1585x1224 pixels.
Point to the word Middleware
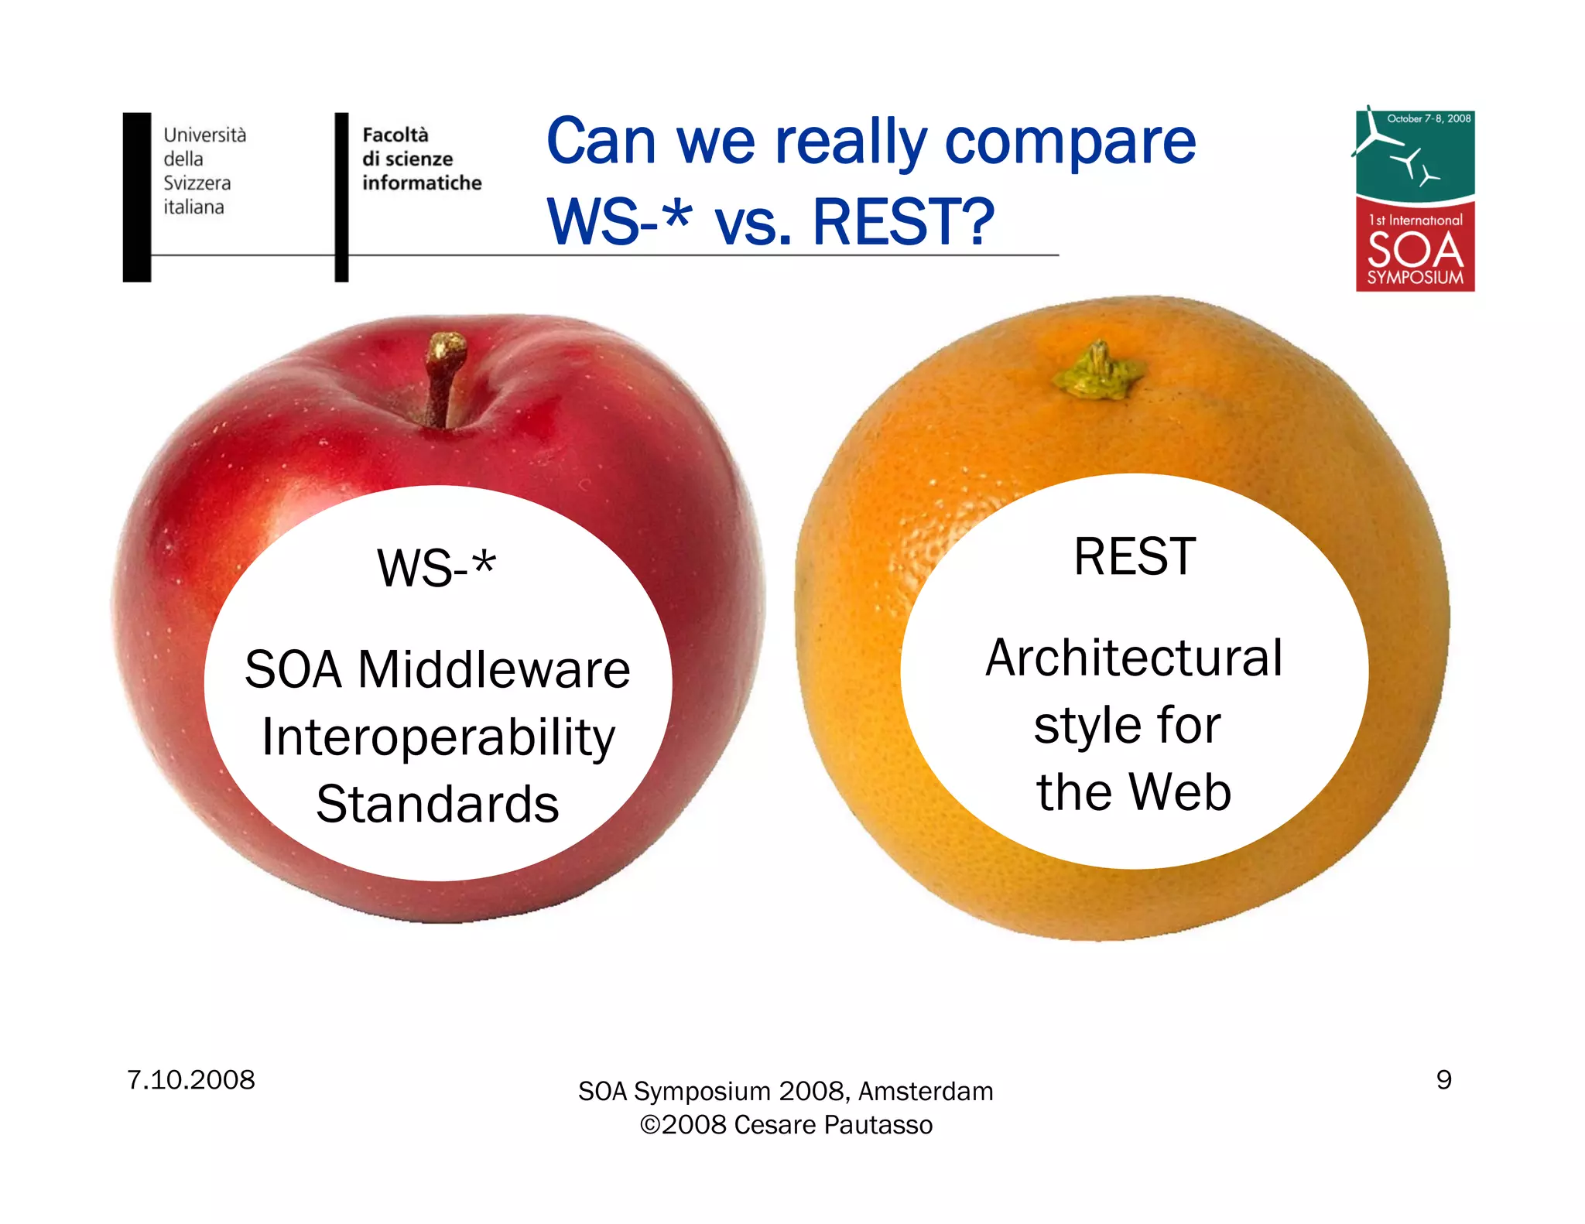point(494,669)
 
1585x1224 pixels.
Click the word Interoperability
point(438,737)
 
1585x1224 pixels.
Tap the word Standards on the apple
point(437,805)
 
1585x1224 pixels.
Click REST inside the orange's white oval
point(1135,556)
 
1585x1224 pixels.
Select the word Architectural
point(1134,658)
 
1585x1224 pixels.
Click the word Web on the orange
point(1179,792)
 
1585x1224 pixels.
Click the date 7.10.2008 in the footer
point(190,1079)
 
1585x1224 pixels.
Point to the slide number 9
point(1443,1079)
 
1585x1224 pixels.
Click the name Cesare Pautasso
point(833,1124)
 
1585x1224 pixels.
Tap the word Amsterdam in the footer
point(926,1091)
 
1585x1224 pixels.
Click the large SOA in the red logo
point(1415,249)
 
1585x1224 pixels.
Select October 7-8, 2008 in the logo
point(1429,118)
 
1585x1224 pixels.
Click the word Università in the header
point(204,135)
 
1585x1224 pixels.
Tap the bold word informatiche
point(422,183)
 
